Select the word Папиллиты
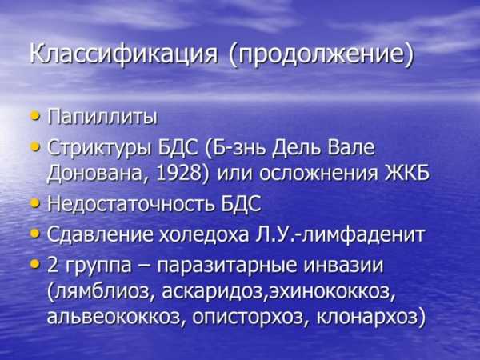click(x=102, y=117)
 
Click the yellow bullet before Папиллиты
click(x=35, y=116)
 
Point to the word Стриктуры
click(x=100, y=148)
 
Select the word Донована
click(x=97, y=174)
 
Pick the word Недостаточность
click(x=131, y=203)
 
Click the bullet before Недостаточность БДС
click(x=35, y=203)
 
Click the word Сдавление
click(x=100, y=235)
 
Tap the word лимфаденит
click(x=362, y=235)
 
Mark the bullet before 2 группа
click(x=35, y=264)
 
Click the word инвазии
click(x=343, y=265)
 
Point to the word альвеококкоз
click(x=114, y=316)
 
